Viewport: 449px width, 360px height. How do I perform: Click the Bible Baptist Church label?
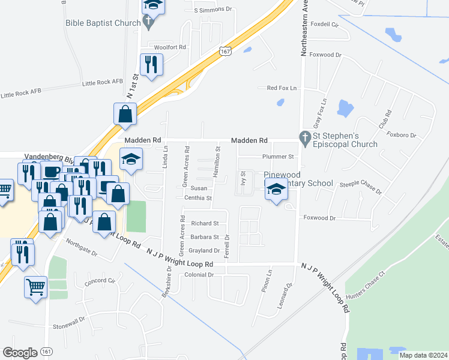pyautogui.click(x=103, y=23)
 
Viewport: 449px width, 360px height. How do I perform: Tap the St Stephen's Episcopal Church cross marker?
pyautogui.click(x=306, y=139)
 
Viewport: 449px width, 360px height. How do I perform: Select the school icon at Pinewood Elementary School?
pyautogui.click(x=276, y=190)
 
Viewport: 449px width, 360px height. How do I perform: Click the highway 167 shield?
pyautogui.click(x=224, y=52)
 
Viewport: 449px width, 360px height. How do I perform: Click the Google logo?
pyautogui.click(x=20, y=353)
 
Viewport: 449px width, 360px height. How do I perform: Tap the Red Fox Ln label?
pyautogui.click(x=282, y=88)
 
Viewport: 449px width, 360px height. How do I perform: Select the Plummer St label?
pyautogui.click(x=277, y=157)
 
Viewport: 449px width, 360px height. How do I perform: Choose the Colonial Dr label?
pyautogui.click(x=199, y=275)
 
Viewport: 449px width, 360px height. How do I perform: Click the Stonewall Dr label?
pyautogui.click(x=70, y=323)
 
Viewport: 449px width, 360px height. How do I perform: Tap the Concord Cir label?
pyautogui.click(x=99, y=281)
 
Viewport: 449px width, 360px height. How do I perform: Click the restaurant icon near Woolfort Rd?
pyautogui.click(x=151, y=65)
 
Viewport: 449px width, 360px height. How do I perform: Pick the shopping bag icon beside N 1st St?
pyautogui.click(x=125, y=114)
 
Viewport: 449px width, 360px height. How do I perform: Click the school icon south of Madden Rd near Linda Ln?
pyautogui.click(x=131, y=160)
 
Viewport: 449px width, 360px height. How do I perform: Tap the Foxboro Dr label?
pyautogui.click(x=402, y=135)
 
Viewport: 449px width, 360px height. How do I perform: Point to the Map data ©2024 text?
pyautogui.click(x=423, y=355)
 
